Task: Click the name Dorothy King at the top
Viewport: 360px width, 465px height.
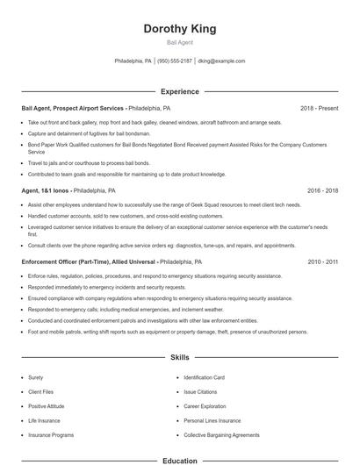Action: [180, 29]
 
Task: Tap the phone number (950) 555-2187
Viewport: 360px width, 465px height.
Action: [175, 61]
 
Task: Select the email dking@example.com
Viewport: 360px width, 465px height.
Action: [221, 61]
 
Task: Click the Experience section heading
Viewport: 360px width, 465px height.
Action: [180, 91]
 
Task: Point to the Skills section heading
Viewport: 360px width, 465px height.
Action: [180, 358]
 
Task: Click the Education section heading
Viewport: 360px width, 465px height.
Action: [180, 460]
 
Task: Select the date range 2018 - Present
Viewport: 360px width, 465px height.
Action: [319, 108]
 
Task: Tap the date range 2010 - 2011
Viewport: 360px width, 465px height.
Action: [323, 261]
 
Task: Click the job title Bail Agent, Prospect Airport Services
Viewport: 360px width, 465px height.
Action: [74, 108]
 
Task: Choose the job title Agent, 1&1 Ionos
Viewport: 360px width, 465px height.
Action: [46, 190]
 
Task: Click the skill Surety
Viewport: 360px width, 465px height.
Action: [36, 377]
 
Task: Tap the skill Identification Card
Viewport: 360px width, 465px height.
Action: [205, 377]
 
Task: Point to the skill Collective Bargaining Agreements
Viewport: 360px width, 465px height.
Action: [221, 435]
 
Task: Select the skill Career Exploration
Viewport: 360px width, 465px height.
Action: [205, 406]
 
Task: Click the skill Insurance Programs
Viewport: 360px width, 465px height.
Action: [51, 435]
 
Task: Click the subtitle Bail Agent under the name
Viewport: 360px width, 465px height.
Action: [180, 42]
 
